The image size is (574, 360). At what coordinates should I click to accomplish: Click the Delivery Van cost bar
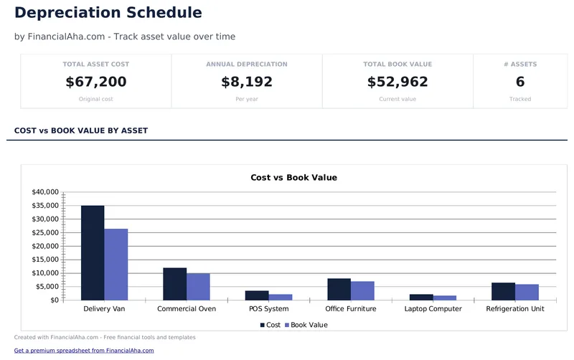(93, 252)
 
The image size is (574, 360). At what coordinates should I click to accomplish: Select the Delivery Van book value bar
(116, 264)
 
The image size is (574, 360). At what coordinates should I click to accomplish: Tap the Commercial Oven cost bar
(175, 284)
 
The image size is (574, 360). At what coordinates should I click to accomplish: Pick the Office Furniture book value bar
(362, 290)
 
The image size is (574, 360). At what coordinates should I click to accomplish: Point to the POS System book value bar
(281, 297)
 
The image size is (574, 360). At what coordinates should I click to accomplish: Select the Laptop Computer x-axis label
(433, 309)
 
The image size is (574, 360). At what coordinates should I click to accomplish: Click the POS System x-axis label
(269, 309)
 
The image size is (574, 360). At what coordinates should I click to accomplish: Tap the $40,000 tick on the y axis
(45, 192)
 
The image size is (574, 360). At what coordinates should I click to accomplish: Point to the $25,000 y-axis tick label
(45, 233)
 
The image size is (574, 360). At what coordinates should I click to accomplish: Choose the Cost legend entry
(270, 325)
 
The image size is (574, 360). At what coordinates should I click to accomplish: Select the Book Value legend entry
(306, 325)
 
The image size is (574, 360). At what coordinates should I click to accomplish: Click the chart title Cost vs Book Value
(293, 177)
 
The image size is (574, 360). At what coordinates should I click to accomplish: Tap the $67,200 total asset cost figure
(96, 82)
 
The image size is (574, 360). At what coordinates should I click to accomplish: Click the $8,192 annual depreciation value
(247, 82)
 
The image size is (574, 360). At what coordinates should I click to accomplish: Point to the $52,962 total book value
(397, 82)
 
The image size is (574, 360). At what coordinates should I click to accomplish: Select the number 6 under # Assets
(520, 82)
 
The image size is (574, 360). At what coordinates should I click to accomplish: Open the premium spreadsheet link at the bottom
(84, 351)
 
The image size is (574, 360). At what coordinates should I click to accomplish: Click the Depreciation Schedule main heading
(108, 13)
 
